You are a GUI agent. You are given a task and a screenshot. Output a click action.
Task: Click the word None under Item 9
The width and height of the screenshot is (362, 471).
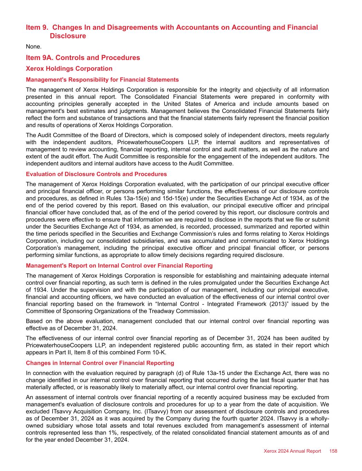(34, 47)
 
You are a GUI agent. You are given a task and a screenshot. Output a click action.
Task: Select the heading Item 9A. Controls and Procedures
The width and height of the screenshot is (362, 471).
(83, 58)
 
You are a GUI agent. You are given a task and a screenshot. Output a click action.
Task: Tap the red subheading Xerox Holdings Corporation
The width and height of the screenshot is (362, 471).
(69, 69)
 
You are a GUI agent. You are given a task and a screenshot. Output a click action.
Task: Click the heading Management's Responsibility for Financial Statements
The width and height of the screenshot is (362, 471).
(102, 80)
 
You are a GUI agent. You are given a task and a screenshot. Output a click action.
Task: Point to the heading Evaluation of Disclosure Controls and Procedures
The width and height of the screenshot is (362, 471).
(96, 174)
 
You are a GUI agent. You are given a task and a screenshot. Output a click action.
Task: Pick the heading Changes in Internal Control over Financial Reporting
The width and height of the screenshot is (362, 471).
(100, 363)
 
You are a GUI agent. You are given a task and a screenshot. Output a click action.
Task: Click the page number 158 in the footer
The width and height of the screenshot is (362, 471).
(333, 451)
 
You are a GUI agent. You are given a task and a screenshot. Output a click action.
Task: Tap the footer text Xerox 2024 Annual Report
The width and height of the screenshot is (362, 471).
(292, 451)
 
